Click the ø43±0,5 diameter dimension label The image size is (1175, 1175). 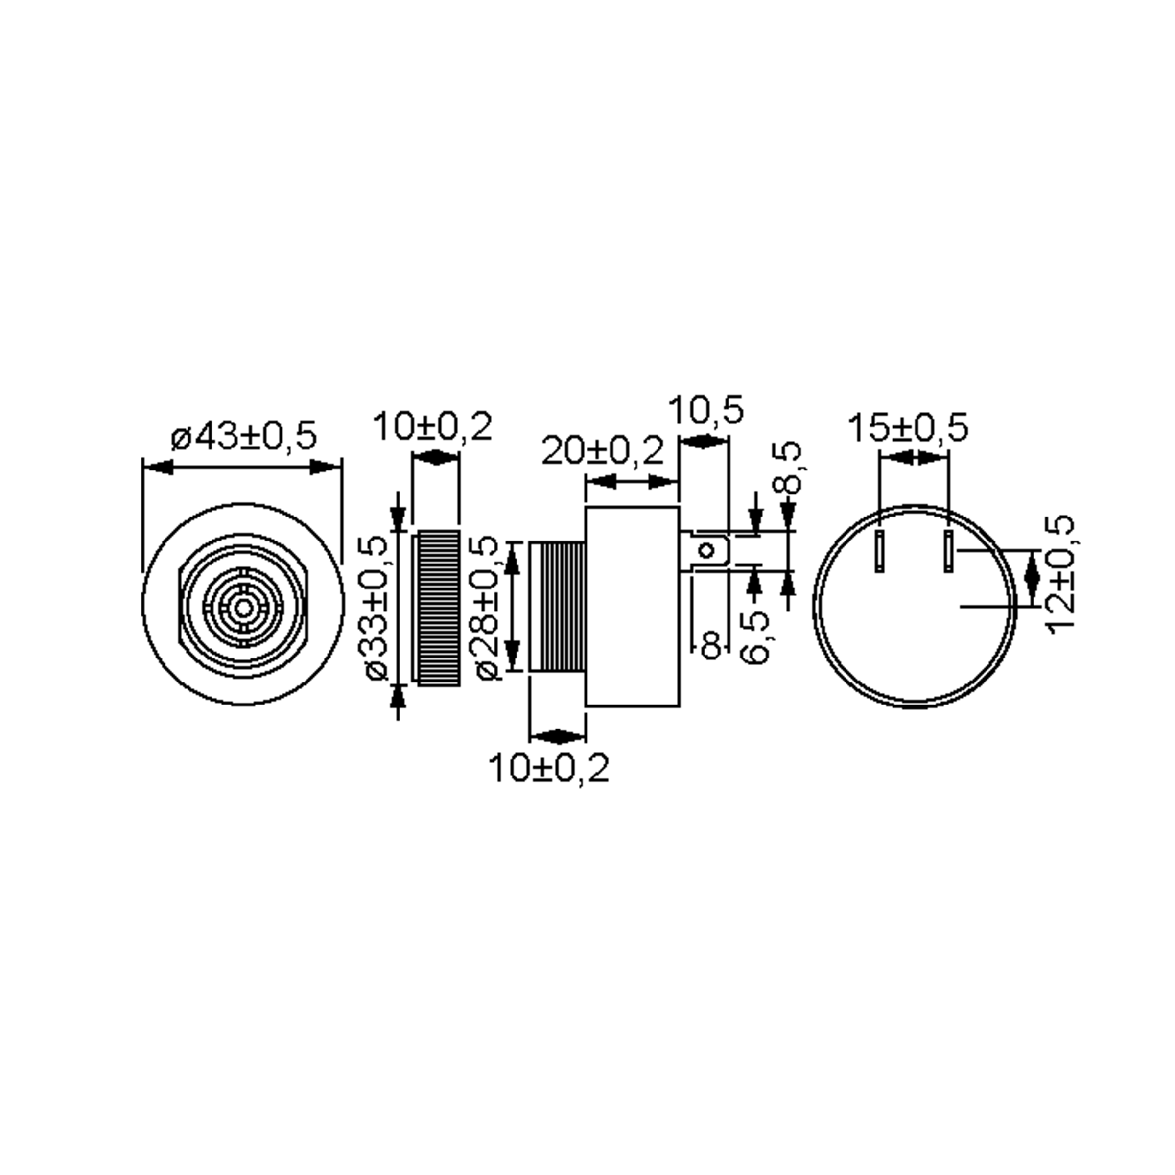pyautogui.click(x=244, y=436)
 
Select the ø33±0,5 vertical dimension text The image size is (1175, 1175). pyautogui.click(x=377, y=608)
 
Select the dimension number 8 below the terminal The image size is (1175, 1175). pyautogui.click(x=711, y=644)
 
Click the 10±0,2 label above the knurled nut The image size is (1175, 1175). pyautogui.click(x=432, y=426)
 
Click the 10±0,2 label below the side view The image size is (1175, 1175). pyautogui.click(x=548, y=769)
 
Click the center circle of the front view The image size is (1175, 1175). pyautogui.click(x=243, y=608)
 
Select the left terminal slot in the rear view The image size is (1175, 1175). pyautogui.click(x=879, y=551)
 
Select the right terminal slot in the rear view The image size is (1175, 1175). pyautogui.click(x=947, y=551)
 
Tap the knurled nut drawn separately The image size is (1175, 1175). pyautogui.click(x=437, y=608)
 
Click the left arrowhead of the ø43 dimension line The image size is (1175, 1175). pyautogui.click(x=158, y=467)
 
